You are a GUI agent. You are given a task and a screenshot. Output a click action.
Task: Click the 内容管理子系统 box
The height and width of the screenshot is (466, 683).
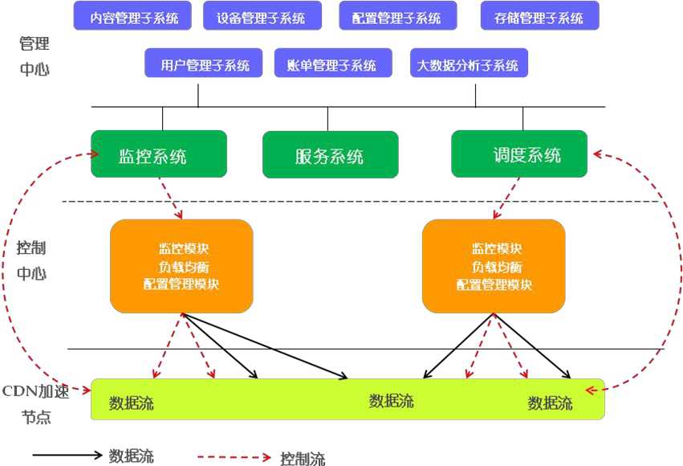point(133,16)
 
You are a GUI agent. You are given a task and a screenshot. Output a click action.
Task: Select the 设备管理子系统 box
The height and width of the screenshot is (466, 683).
point(262,16)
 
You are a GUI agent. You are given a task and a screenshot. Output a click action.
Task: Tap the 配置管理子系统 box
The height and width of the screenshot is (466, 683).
point(397,16)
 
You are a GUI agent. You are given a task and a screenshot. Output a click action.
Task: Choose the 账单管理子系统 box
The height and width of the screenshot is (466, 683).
point(333,63)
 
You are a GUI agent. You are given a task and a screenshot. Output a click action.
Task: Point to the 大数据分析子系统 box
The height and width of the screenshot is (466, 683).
point(469,63)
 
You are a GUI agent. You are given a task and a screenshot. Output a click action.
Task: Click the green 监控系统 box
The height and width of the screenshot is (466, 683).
point(159,154)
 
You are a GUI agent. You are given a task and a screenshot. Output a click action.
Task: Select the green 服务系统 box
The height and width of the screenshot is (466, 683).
point(330,155)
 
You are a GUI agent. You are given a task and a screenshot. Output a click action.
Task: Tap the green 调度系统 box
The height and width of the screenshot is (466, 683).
point(519,154)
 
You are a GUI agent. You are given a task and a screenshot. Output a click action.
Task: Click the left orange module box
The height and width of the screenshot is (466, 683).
point(181,266)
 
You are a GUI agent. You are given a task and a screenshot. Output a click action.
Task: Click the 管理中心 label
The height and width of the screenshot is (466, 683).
point(35,55)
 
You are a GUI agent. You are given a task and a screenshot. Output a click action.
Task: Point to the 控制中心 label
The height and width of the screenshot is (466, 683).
point(32,259)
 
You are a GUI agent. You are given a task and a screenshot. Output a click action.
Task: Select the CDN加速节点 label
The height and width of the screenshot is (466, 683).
point(36,404)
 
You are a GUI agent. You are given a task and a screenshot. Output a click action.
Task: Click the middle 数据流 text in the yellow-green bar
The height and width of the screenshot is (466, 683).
point(392,400)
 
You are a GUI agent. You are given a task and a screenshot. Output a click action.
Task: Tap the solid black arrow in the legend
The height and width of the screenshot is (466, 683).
point(67,455)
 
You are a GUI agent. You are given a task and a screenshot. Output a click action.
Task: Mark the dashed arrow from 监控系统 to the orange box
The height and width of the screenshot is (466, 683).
point(169,198)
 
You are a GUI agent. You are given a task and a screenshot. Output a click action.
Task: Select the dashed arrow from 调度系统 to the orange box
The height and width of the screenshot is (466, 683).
point(505,198)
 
